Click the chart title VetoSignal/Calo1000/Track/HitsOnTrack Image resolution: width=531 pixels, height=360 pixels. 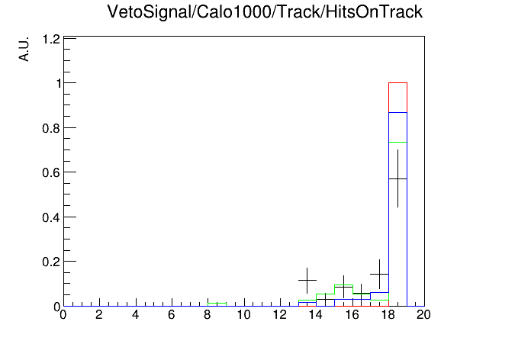point(265,12)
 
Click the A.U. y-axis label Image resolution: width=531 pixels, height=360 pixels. point(24,50)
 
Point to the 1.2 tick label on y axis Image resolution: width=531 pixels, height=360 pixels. point(51,40)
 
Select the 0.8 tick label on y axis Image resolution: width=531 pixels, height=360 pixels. point(51,128)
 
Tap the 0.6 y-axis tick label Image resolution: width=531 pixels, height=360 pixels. point(51,172)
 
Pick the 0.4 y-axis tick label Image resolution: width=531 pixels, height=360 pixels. point(51,217)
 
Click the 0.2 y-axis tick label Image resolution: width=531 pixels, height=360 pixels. point(51,262)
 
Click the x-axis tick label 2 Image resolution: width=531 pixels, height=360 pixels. point(99,315)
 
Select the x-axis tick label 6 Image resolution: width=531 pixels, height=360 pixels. point(172,315)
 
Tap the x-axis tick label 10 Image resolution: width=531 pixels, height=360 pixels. point(243,315)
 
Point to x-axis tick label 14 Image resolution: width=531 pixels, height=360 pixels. point(316,315)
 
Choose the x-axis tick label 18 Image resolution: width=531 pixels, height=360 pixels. point(388,315)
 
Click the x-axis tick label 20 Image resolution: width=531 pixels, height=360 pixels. point(423,315)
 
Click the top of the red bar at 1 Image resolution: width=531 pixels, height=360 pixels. point(397,82)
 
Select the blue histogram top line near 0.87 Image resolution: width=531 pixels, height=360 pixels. point(397,112)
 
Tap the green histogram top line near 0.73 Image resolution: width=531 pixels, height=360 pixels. point(397,142)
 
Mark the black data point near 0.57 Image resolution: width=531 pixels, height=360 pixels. point(397,178)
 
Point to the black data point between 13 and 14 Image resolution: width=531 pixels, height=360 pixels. point(307,281)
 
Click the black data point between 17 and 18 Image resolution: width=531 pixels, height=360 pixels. point(379,274)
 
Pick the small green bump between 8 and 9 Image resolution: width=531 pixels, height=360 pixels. point(217,303)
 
